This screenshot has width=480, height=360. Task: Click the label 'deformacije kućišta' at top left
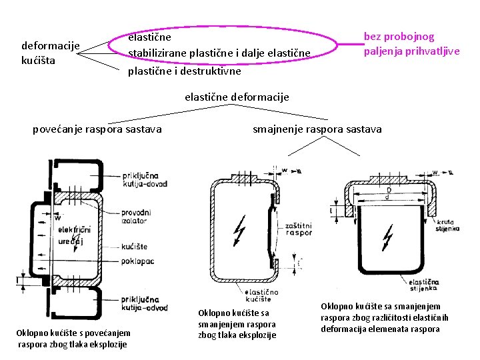[x=51, y=53]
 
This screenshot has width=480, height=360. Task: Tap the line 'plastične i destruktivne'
[x=185, y=70]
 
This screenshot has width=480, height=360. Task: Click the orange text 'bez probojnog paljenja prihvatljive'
[x=411, y=44]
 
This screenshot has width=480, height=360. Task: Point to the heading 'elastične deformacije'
[x=237, y=97]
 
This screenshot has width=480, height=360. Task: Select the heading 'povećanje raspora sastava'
[x=97, y=129]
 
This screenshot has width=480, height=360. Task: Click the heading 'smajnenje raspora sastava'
[x=317, y=129]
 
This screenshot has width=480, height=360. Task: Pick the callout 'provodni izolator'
[x=137, y=215]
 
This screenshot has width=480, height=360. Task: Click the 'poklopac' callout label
[x=138, y=261]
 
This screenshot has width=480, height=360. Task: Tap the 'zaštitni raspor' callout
[x=298, y=229]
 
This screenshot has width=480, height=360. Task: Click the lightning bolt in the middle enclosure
[x=238, y=229]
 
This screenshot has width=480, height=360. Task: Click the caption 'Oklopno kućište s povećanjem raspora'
[x=73, y=338]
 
